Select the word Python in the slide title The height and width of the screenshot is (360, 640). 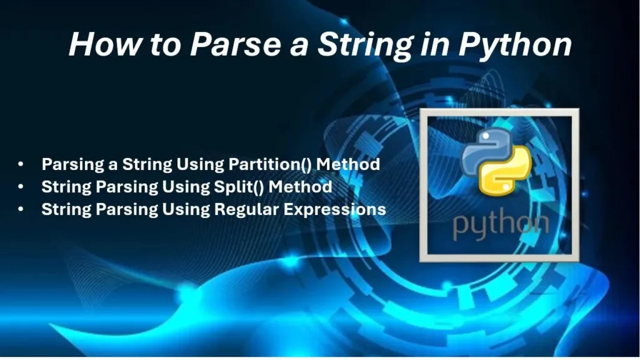[x=516, y=45]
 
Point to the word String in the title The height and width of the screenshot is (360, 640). [x=366, y=45]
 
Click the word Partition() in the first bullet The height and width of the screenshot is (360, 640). [x=270, y=164]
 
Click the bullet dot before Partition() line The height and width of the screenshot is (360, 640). [x=21, y=164]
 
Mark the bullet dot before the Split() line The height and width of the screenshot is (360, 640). [x=21, y=187]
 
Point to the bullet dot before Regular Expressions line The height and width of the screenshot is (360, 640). [x=21, y=209]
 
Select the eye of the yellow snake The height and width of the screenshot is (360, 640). [x=506, y=187]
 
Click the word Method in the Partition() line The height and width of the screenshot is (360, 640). [x=348, y=164]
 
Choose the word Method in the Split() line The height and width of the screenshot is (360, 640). [x=301, y=186]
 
